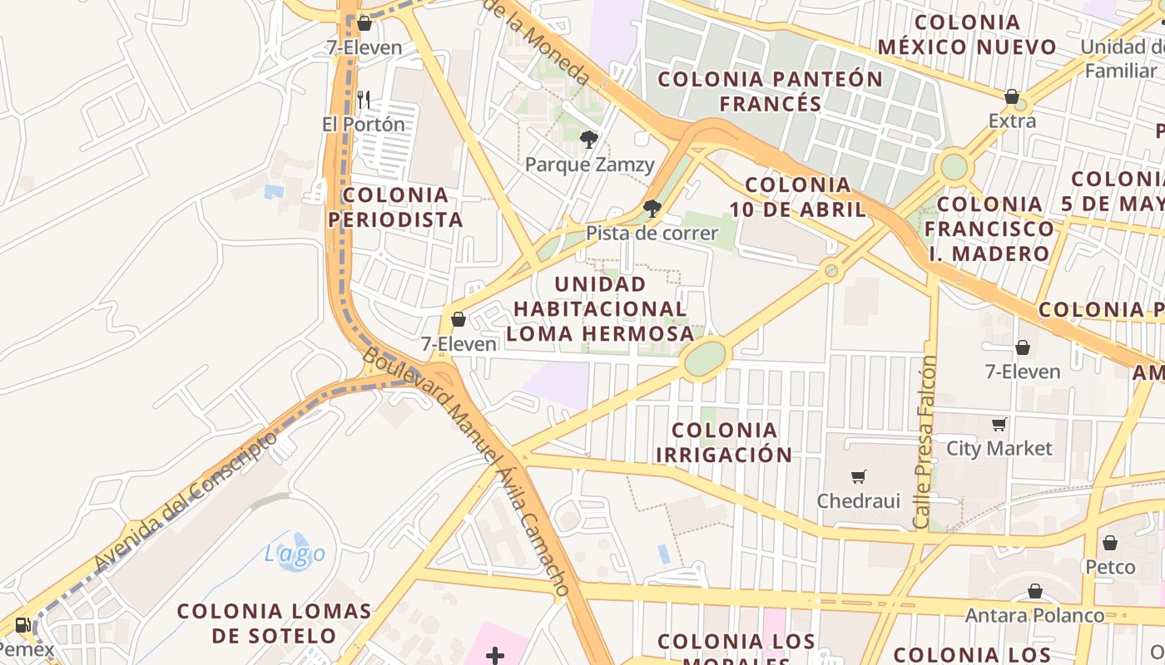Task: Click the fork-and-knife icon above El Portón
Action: pyautogui.click(x=363, y=101)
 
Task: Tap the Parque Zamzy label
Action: pyautogui.click(x=589, y=165)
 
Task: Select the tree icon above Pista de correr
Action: pyautogui.click(x=652, y=208)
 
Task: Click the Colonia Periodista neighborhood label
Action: pyautogui.click(x=395, y=207)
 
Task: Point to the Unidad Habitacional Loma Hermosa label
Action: pyautogui.click(x=600, y=309)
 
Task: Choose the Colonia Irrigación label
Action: pyautogui.click(x=724, y=442)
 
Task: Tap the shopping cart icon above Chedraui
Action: pyautogui.click(x=858, y=477)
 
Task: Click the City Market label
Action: pyautogui.click(x=999, y=449)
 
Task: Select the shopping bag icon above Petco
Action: pyautogui.click(x=1109, y=544)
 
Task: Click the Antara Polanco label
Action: pyautogui.click(x=1034, y=616)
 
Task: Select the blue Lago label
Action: pyautogui.click(x=295, y=553)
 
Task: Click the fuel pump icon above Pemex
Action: pyautogui.click(x=22, y=625)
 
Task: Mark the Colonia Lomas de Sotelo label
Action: pyautogui.click(x=274, y=623)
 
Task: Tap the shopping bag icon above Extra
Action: pyautogui.click(x=1012, y=97)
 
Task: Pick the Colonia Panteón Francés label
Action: pyautogui.click(x=771, y=91)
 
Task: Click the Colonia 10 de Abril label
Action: pyautogui.click(x=798, y=197)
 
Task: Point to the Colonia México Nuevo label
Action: pyautogui.click(x=967, y=35)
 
